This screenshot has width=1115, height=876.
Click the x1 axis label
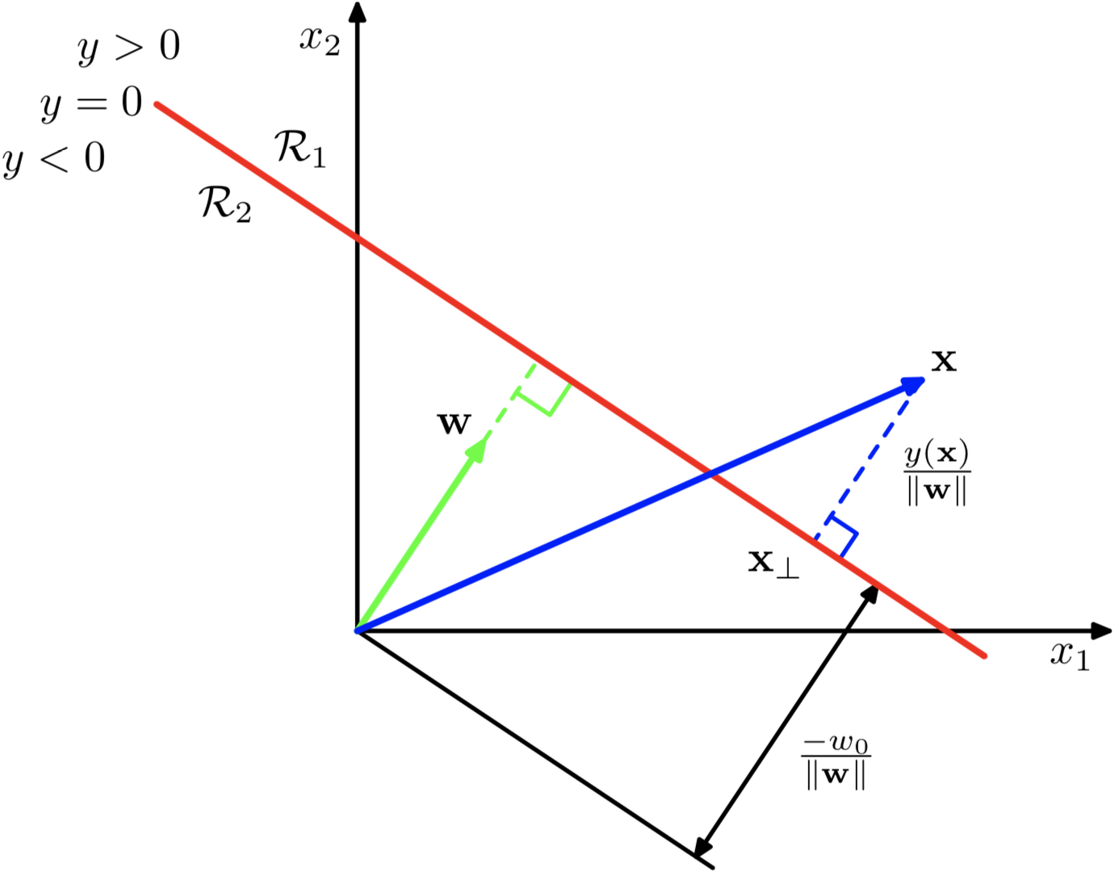[1070, 655]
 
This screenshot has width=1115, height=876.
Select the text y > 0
[129, 48]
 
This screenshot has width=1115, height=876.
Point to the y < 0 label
[54, 158]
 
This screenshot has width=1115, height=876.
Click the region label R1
[300, 149]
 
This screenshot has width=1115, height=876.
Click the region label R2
[225, 203]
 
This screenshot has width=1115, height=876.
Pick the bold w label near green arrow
[454, 423]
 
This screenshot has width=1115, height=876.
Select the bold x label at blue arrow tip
[943, 361]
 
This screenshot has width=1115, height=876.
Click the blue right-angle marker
[838, 534]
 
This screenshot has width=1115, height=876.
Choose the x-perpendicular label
[773, 562]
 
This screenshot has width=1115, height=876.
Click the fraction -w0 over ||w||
[836, 761]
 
